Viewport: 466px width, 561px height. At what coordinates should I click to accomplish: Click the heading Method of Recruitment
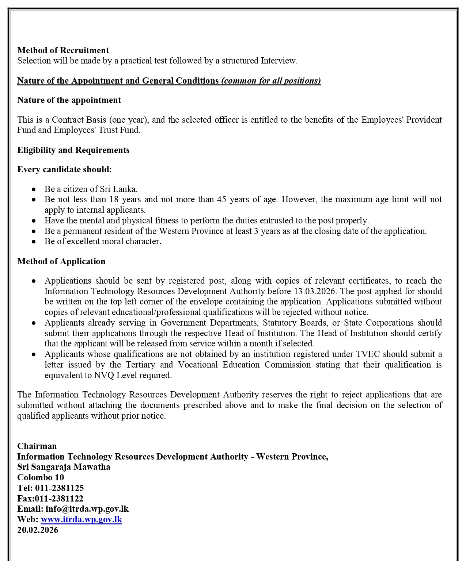pos(63,50)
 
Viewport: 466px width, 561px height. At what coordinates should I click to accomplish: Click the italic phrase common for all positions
pos(271,81)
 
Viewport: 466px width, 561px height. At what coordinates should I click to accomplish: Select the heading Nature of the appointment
pos(69,100)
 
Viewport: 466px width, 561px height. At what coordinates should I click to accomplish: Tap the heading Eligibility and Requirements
pos(73,150)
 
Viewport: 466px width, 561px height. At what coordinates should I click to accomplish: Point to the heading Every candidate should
pos(64,169)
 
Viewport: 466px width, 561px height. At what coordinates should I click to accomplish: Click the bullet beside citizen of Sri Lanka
pos(34,189)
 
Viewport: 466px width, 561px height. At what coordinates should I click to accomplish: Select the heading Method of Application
pos(61,261)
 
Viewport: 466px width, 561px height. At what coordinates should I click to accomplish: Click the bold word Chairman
pos(37,446)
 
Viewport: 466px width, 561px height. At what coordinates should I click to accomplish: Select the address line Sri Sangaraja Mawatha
pos(64,467)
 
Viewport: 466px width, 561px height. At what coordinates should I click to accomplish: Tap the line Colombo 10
pos(40,477)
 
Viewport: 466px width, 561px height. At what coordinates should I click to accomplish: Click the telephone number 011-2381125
pos(59,488)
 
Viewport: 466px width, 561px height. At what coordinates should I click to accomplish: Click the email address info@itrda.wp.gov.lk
pos(87,509)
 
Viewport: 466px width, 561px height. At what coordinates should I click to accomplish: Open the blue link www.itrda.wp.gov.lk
pos(81,519)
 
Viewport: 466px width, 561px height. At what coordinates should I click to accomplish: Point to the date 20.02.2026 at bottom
pos(38,530)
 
